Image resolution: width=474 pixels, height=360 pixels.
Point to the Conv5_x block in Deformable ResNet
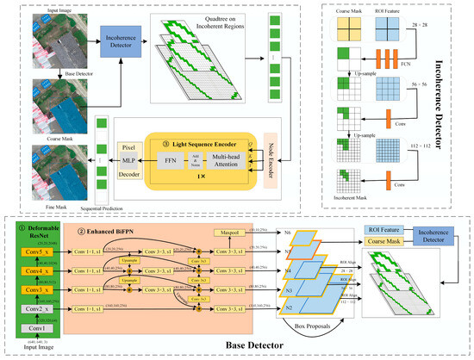(x=31, y=252)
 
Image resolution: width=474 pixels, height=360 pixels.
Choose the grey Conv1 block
(x=31, y=328)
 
